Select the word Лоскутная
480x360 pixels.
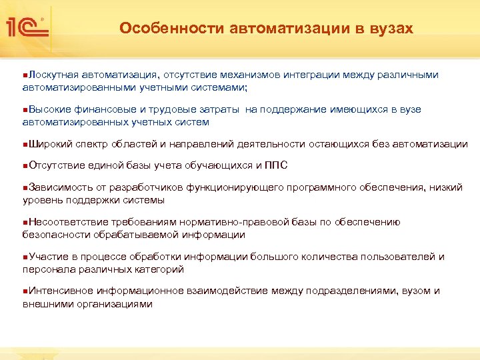pos(53,75)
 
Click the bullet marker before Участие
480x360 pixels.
pos(25,257)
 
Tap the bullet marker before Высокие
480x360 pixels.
pos(25,110)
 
